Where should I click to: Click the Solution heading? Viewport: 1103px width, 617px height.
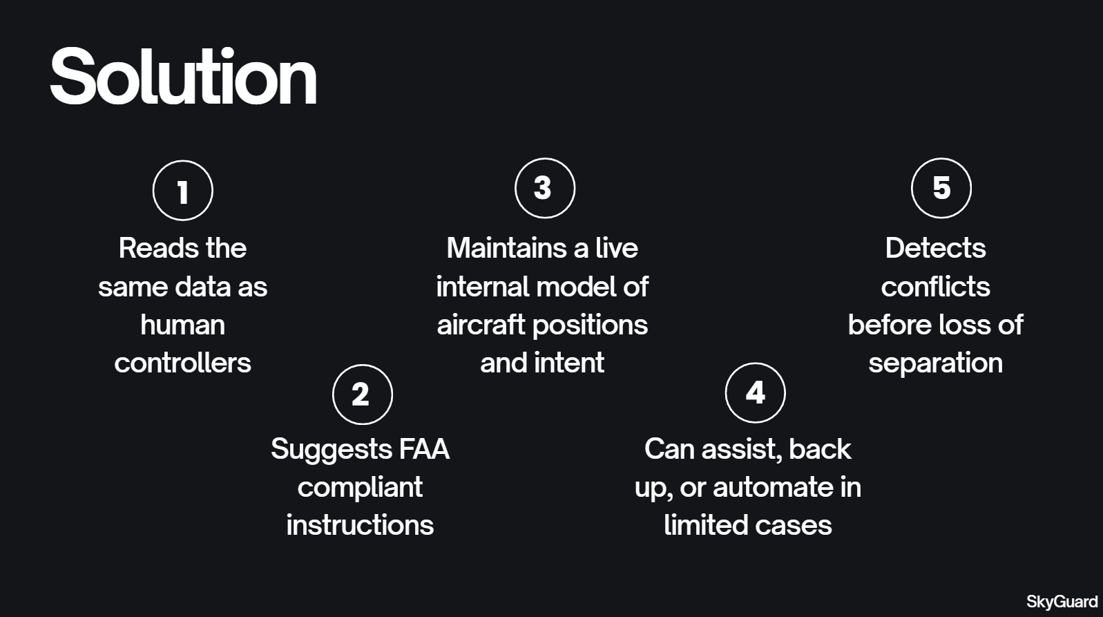(183, 77)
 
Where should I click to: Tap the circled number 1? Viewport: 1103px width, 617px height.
(182, 191)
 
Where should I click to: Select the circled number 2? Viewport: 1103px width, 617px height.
(362, 394)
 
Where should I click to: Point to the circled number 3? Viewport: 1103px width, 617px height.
(544, 188)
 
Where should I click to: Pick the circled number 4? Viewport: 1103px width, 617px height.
(755, 392)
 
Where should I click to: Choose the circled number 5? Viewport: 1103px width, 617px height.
(941, 188)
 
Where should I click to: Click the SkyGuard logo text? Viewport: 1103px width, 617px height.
(1062, 601)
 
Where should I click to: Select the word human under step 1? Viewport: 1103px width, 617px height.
(182, 325)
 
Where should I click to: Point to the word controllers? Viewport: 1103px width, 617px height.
(182, 363)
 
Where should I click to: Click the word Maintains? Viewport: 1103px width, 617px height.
(507, 248)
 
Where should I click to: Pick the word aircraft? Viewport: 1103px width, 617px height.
(481, 325)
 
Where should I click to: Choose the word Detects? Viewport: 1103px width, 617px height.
(935, 248)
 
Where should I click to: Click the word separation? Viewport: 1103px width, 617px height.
(935, 363)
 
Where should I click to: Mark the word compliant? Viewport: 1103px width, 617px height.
(360, 488)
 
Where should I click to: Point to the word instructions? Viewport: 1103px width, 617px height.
(360, 525)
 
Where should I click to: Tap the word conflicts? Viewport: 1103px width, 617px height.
(935, 287)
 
